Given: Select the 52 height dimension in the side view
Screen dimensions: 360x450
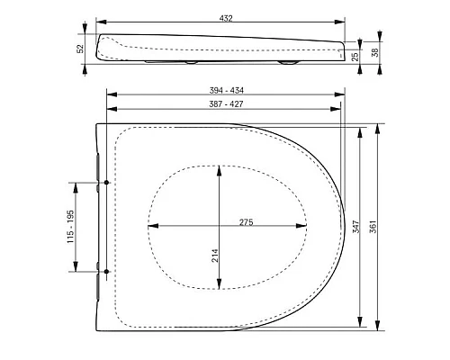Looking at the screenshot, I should point(80,48).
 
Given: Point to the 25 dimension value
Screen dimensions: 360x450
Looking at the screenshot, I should point(357,56).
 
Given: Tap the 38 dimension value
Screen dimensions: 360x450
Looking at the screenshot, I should point(374,52).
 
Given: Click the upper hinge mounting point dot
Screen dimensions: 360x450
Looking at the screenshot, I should point(107,183).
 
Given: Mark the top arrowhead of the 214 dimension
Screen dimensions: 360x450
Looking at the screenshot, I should point(220,167).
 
